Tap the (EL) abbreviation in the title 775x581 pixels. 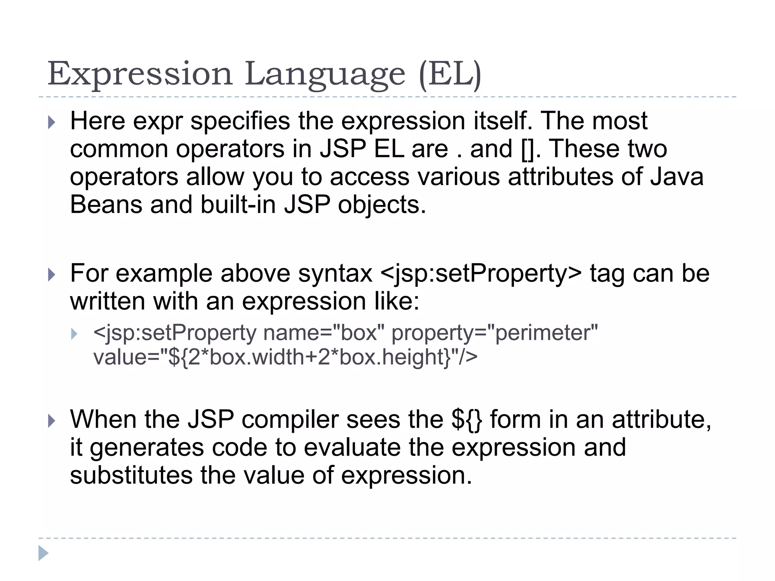[x=450, y=75]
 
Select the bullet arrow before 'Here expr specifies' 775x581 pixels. [x=52, y=123]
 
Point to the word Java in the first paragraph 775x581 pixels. [x=677, y=177]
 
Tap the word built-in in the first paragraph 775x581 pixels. [x=238, y=205]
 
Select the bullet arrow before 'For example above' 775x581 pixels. [x=52, y=275]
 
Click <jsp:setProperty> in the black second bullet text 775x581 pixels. [x=481, y=274]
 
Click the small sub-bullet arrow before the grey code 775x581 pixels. [x=74, y=334]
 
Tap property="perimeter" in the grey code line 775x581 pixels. [x=495, y=333]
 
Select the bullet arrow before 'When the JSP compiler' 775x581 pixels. [x=52, y=421]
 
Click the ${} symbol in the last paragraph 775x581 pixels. [x=467, y=420]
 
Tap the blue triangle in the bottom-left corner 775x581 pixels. [x=43, y=553]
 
